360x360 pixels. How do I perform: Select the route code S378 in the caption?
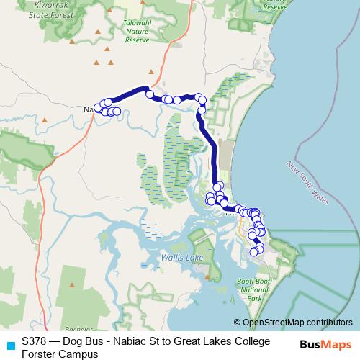35,341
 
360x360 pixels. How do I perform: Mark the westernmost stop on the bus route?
98,108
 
